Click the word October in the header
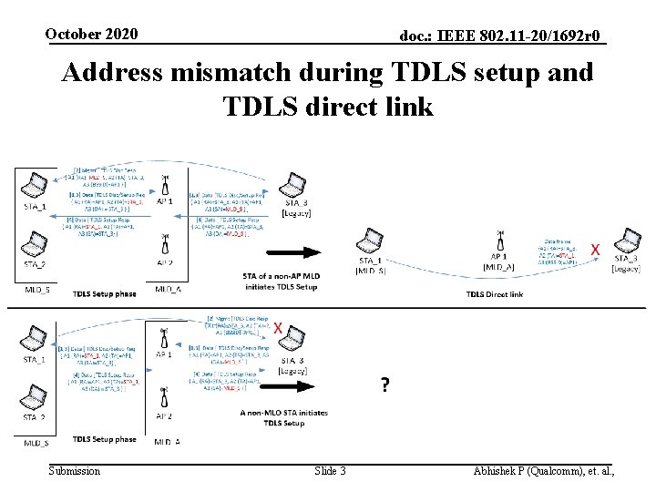coord(74,34)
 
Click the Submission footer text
coord(75,470)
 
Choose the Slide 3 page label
coord(330,470)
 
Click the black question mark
coord(386,385)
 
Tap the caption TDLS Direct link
coord(495,294)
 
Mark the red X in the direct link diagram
coord(596,249)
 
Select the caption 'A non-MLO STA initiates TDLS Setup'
coord(284,417)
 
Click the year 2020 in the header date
coord(120,34)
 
